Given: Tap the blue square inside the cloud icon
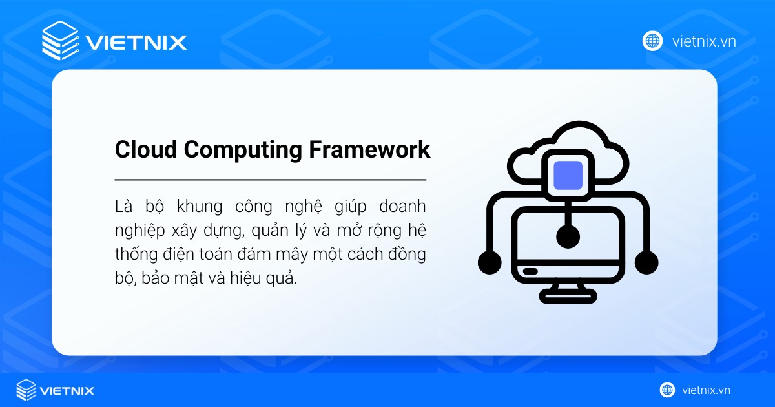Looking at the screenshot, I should click(568, 175).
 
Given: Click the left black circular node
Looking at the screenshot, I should click(490, 262).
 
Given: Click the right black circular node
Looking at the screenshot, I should click(646, 262).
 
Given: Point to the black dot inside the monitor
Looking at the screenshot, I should click(568, 237).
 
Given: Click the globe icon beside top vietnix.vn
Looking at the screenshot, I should click(652, 41).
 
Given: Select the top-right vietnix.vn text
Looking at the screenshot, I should click(704, 42).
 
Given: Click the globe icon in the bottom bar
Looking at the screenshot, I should click(667, 390).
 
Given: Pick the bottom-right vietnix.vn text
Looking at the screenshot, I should click(706, 390).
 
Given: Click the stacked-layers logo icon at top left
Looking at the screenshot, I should click(60, 41).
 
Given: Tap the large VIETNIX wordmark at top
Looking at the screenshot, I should click(136, 43).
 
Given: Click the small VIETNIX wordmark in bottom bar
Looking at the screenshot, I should click(67, 391).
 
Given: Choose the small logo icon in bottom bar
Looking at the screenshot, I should click(26, 390).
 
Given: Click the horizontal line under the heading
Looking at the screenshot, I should click(270, 179).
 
